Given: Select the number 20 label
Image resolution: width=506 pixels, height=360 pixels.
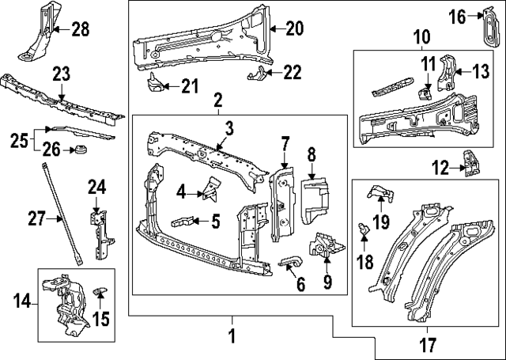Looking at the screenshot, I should click(294, 29).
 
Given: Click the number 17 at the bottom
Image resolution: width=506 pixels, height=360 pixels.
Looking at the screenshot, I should click(428, 346).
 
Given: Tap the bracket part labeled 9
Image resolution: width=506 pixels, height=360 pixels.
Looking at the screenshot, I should click(325, 248).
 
